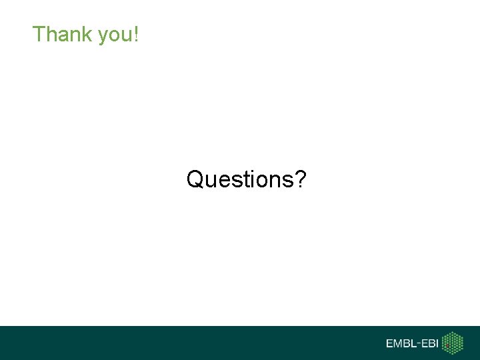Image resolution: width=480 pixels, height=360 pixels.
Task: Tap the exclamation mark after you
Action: [136, 34]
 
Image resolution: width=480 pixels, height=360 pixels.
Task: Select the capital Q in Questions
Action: [195, 179]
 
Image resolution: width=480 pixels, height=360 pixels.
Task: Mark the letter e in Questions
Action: [228, 181]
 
